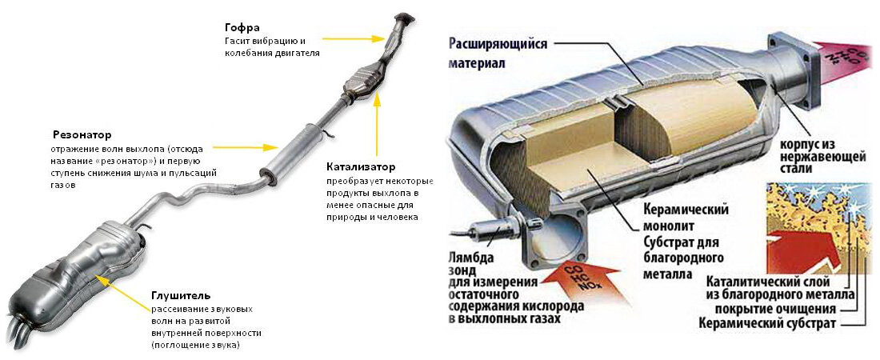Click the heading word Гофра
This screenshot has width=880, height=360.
(241, 26)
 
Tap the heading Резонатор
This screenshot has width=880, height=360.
(82, 134)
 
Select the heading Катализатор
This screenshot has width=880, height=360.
(361, 167)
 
